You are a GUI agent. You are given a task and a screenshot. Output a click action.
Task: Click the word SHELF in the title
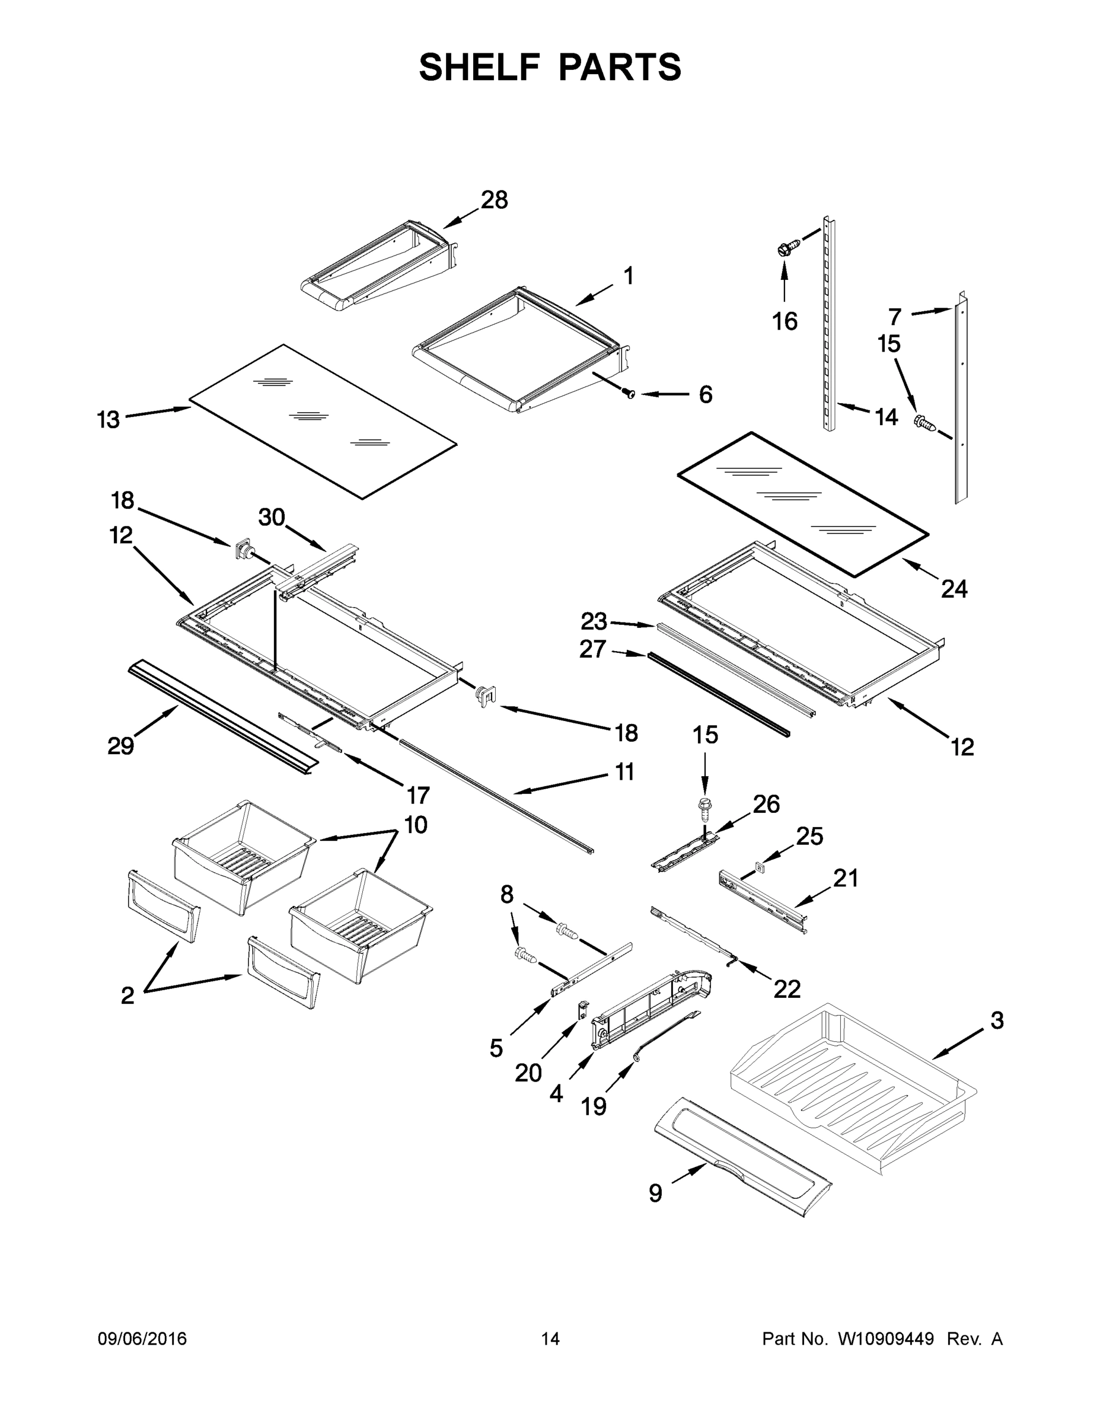pos(480,67)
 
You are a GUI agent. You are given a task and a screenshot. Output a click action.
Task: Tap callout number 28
pos(495,200)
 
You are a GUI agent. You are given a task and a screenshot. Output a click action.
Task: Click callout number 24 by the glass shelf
pos(954,589)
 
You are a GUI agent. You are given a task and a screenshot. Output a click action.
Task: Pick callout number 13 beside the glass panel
pos(109,420)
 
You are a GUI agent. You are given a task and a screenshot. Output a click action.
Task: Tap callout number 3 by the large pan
pos(997,1020)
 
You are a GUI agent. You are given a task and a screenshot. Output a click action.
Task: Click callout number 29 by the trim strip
pos(120,745)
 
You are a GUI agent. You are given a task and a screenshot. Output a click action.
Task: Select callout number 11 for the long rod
pos(624,771)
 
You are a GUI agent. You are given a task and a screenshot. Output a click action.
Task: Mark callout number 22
pos(786,989)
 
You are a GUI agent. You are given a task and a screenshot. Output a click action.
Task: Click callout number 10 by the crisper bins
pos(416,825)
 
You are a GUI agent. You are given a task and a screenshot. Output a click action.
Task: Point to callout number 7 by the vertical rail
pos(895,317)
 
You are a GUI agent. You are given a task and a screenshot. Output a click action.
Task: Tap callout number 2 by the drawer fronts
pos(127,995)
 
